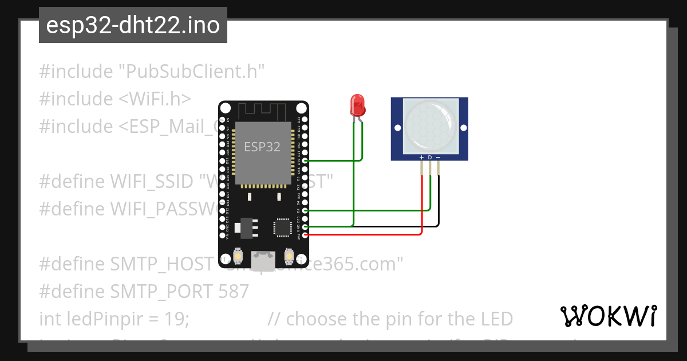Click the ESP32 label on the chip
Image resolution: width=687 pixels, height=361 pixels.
click(x=262, y=147)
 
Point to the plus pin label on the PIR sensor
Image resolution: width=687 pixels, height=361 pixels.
click(x=422, y=157)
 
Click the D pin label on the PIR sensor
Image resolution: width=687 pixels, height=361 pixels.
click(x=430, y=157)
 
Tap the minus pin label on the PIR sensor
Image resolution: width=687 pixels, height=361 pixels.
click(x=438, y=157)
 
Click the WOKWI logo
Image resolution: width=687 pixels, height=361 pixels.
click(x=608, y=316)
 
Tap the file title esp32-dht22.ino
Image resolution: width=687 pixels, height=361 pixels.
click(x=133, y=26)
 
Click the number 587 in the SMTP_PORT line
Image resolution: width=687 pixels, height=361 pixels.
click(x=234, y=292)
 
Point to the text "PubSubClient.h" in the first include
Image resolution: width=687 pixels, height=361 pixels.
click(x=191, y=72)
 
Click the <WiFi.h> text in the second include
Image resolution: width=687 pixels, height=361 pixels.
click(x=155, y=99)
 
